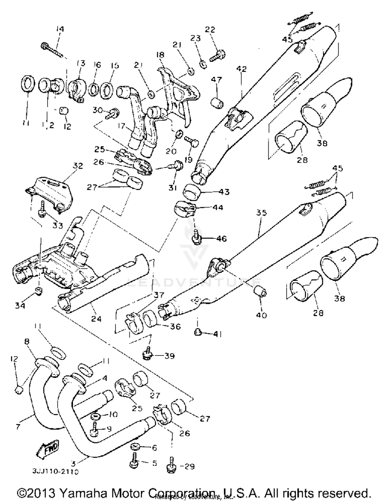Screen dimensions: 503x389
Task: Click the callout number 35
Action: click(261, 213)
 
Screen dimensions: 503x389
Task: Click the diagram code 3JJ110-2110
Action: click(55, 471)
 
